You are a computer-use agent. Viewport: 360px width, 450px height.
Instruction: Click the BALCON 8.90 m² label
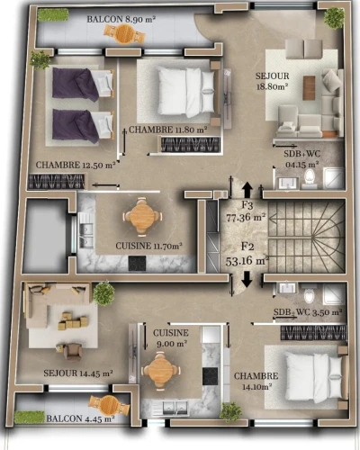pyautogui.click(x=121, y=20)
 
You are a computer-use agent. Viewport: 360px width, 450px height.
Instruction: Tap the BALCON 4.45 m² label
pyautogui.click(x=80, y=418)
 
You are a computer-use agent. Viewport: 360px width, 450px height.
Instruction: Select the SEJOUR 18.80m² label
pyautogui.click(x=273, y=81)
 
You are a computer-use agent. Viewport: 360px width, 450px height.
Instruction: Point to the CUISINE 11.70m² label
pyautogui.click(x=149, y=246)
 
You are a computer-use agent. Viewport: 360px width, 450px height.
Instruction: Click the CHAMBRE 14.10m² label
pyautogui.click(x=256, y=382)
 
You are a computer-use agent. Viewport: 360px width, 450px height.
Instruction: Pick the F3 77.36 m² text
pyautogui.click(x=247, y=211)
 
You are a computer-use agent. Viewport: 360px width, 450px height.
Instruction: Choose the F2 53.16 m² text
pyautogui.click(x=247, y=254)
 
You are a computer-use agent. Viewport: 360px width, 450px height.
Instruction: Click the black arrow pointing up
pyautogui.click(x=247, y=189)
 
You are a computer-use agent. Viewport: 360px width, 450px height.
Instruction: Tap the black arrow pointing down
pyautogui.click(x=247, y=279)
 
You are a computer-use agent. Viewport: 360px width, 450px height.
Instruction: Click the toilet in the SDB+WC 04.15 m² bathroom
pyautogui.click(x=310, y=177)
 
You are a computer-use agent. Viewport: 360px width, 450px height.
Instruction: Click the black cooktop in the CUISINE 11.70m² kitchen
pyautogui.click(x=138, y=263)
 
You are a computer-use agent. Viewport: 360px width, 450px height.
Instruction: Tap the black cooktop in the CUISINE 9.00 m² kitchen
pyautogui.click(x=210, y=376)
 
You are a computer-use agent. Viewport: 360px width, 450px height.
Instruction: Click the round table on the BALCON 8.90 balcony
pyautogui.click(x=124, y=33)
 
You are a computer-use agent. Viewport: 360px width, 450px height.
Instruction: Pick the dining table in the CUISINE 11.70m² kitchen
pyautogui.click(x=142, y=215)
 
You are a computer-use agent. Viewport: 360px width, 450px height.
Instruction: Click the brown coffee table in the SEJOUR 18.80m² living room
pyautogui.click(x=309, y=87)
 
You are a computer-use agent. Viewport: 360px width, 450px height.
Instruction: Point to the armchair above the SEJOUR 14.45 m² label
pyautogui.click(x=73, y=352)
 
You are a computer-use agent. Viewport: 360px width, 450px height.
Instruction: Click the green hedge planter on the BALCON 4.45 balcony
pyautogui.click(x=29, y=417)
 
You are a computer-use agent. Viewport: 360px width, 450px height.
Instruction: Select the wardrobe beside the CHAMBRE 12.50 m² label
pyautogui.click(x=57, y=182)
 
